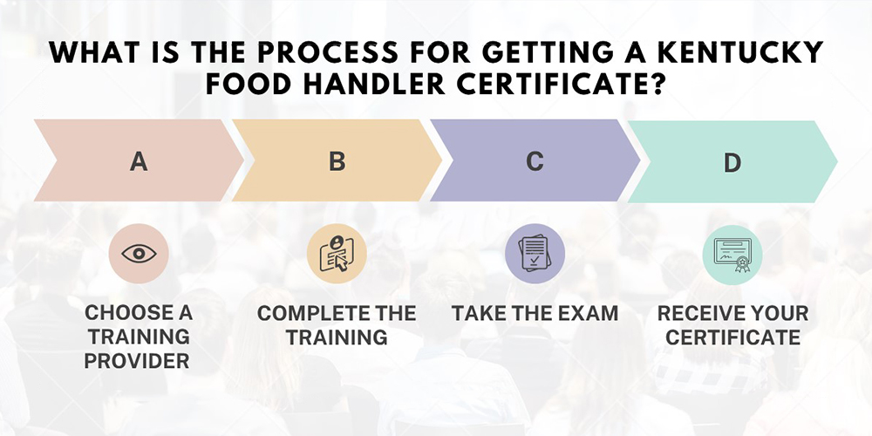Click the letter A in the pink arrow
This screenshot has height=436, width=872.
coord(139,161)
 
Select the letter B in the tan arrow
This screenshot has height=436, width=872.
coord(337,161)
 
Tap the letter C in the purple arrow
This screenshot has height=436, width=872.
coord(535,161)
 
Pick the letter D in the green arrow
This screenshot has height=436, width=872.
coord(732,162)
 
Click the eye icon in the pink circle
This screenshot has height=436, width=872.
coord(139,254)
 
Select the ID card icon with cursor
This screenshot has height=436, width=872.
coord(337,254)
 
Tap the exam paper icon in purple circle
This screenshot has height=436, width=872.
coord(535,254)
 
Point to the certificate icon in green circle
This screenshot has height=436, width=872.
coord(732,255)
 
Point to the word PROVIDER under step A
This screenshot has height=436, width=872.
coord(137,361)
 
